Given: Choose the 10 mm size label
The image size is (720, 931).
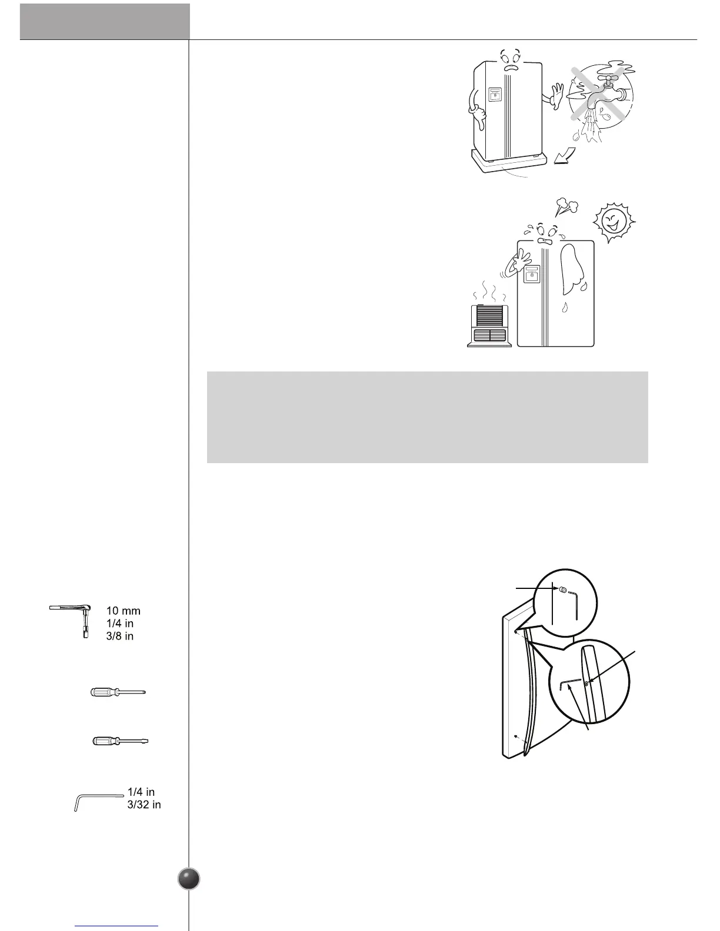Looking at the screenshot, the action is [124, 611].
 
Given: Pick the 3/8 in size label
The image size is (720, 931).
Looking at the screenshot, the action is [120, 636].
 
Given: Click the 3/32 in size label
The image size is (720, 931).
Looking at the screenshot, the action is [144, 805].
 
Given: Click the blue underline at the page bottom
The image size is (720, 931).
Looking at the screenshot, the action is [116, 926].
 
